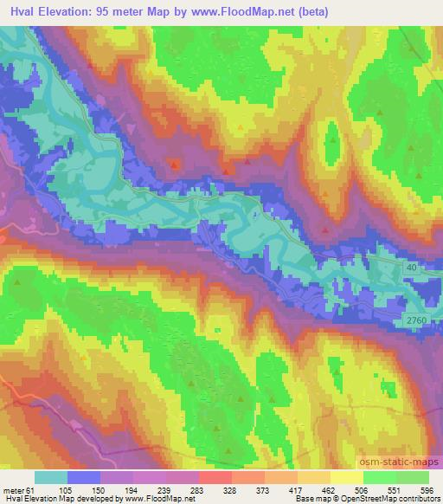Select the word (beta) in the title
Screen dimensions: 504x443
click(x=309, y=11)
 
